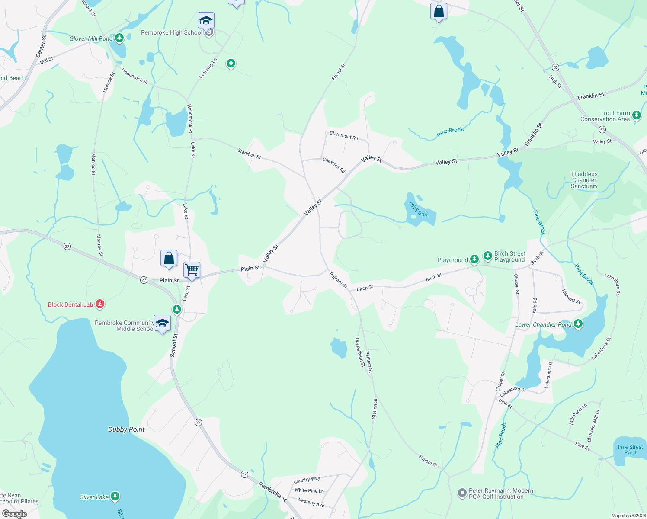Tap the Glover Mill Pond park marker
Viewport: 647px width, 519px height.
click(x=119, y=38)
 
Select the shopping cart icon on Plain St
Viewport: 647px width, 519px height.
click(x=192, y=270)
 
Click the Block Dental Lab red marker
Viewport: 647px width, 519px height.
click(x=100, y=304)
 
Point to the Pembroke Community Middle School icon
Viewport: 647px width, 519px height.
click(x=162, y=324)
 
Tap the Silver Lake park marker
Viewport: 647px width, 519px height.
click(x=115, y=497)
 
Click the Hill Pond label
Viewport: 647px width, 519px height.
click(x=418, y=209)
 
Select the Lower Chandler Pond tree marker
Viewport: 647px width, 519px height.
click(x=578, y=324)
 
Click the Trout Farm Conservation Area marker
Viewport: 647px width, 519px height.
click(x=636, y=115)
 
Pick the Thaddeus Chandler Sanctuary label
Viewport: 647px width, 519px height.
click(x=584, y=180)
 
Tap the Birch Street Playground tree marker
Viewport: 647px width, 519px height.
click(x=488, y=256)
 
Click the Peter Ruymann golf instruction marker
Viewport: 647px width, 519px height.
click(x=462, y=493)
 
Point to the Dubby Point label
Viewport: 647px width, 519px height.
click(x=126, y=429)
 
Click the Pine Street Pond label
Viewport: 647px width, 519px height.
click(x=630, y=449)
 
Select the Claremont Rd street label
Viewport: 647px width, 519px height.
click(x=344, y=135)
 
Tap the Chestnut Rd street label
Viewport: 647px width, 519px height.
click(x=334, y=165)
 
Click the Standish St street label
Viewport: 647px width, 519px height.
click(x=249, y=153)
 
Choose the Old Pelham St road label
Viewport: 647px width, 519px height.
click(x=360, y=352)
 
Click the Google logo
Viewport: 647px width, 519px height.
click(x=15, y=513)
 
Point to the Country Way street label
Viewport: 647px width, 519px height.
click(x=307, y=480)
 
